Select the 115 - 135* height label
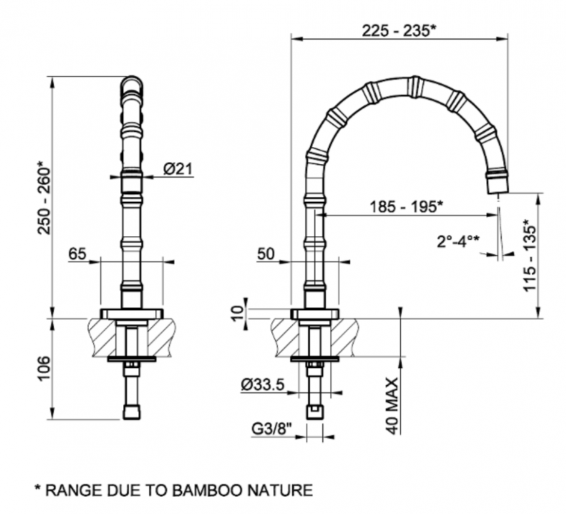click(530, 255)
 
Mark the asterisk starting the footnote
click(37, 489)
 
